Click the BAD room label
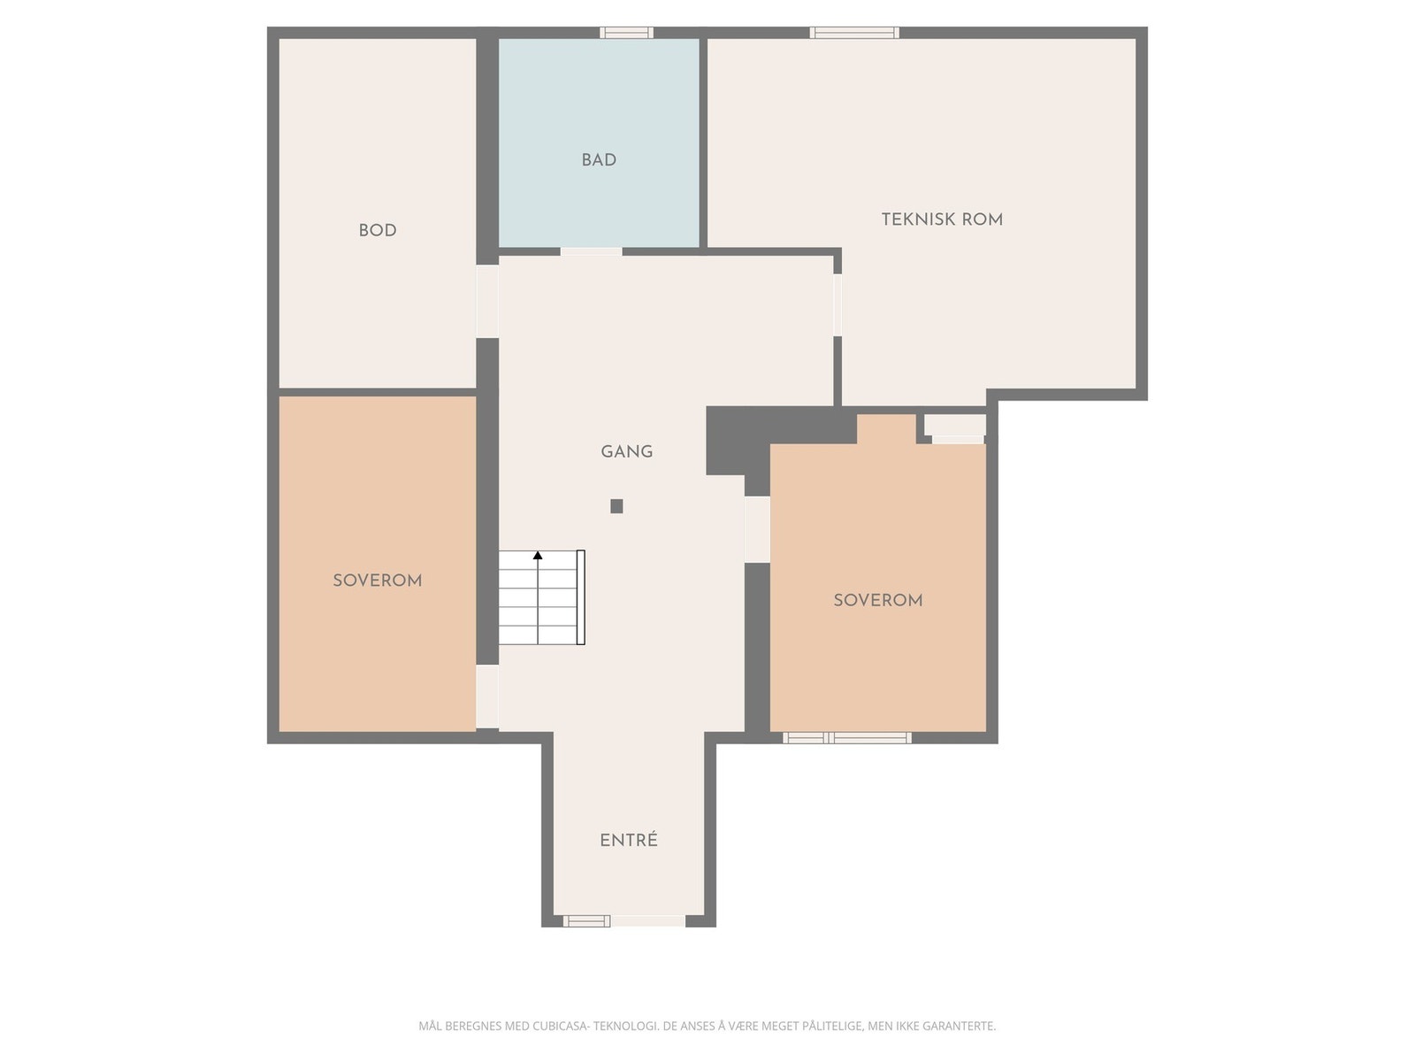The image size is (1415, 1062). [598, 160]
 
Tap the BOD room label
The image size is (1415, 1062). [377, 230]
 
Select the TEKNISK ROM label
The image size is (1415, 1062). [942, 219]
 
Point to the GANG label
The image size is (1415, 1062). [627, 451]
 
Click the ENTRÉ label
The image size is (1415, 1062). [629, 840]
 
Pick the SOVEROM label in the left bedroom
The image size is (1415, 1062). [377, 581]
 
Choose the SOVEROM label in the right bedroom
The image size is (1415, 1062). [878, 600]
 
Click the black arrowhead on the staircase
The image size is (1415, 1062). [538, 555]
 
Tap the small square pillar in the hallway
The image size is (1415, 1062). [616, 506]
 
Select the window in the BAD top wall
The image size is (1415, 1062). [626, 33]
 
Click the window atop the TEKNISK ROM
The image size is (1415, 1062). [854, 33]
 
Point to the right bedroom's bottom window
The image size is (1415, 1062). [847, 738]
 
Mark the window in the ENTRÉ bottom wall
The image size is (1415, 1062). [586, 920]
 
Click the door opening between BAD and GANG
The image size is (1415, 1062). [591, 251]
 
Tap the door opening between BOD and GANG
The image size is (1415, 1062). [486, 301]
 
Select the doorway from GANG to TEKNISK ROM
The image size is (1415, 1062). [838, 305]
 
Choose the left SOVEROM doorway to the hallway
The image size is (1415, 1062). [486, 697]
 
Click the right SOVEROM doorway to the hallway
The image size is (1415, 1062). [757, 529]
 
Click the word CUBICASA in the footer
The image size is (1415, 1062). [560, 1026]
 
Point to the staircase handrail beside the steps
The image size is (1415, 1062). [580, 597]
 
